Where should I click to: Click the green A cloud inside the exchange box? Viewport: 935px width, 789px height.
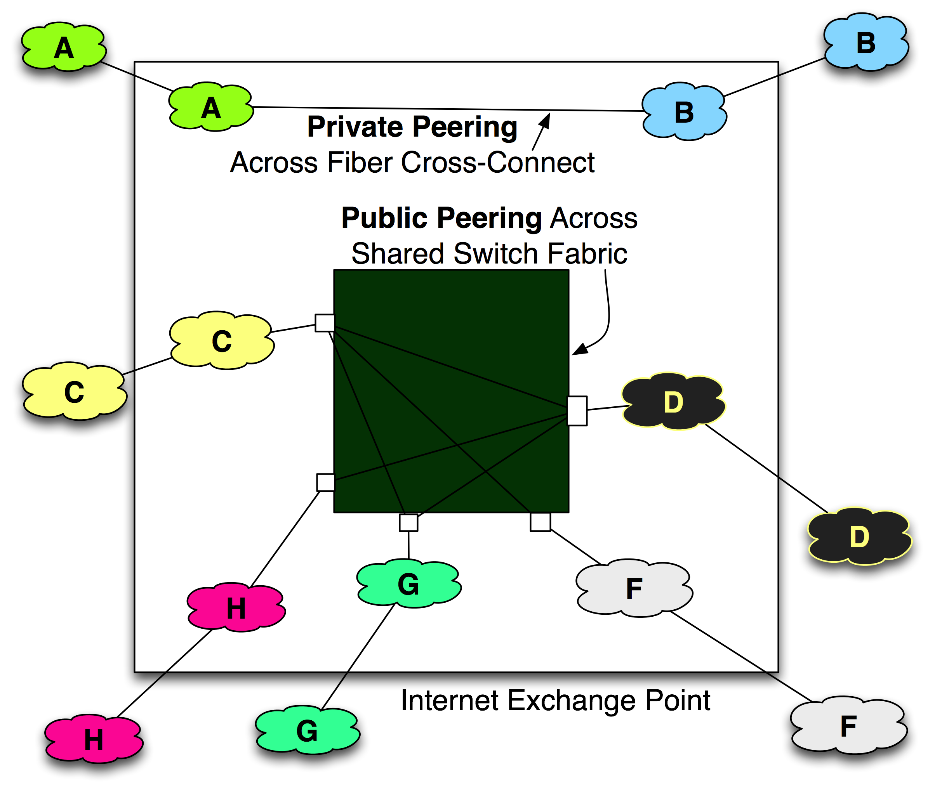coord(211,108)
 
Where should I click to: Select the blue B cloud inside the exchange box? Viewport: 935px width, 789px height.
coord(683,112)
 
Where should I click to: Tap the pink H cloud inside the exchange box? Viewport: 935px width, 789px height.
coord(236,608)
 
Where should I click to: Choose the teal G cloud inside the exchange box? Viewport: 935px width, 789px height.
coord(408,584)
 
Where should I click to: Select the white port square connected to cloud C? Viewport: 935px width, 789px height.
coord(325,323)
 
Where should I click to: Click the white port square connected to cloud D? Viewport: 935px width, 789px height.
coord(577,411)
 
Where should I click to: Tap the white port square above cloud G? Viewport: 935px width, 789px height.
coord(408,522)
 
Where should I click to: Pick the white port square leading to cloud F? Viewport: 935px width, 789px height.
coord(540,522)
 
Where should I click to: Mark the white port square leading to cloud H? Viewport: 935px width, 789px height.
coord(325,482)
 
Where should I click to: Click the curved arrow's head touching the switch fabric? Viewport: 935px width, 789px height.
coord(579,350)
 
